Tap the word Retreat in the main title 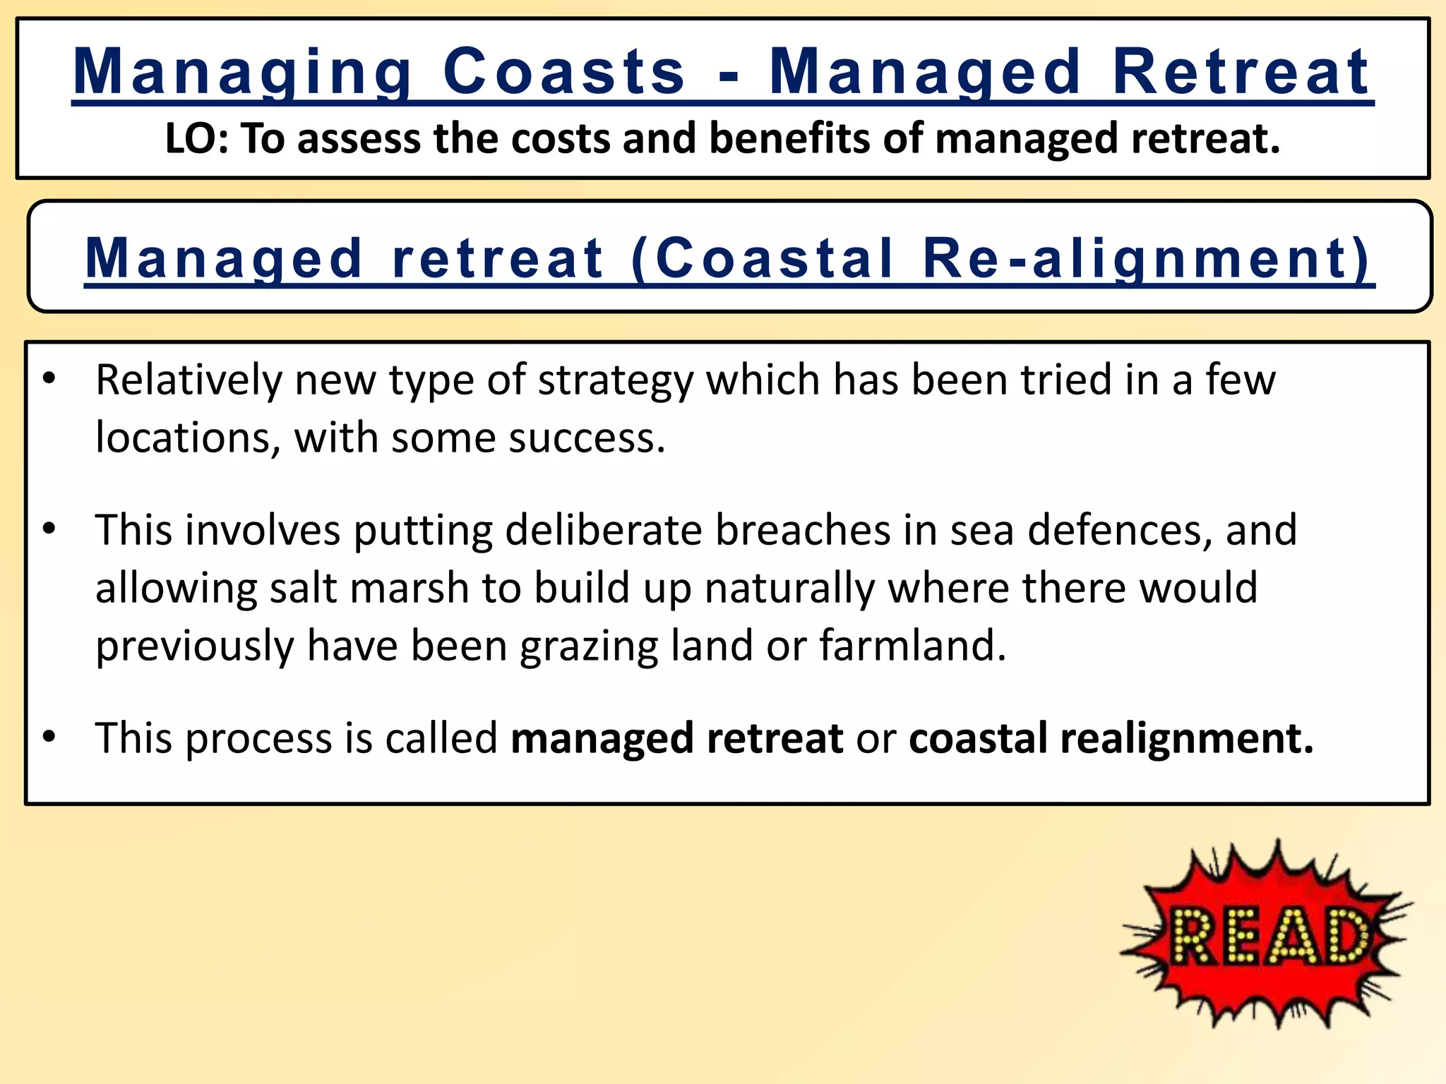1241,72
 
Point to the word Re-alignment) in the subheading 1147,258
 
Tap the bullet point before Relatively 49,380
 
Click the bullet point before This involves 49,529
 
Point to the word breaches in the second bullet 803,530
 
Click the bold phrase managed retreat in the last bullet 676,739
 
